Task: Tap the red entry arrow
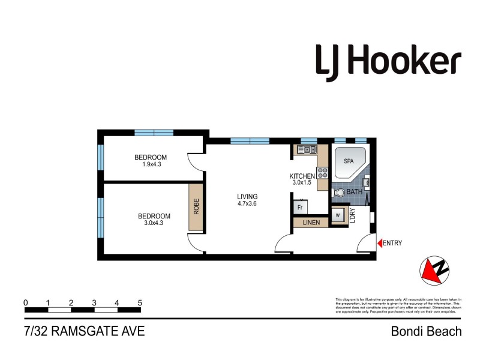(379, 243)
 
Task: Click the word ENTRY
(393, 243)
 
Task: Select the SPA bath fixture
(347, 162)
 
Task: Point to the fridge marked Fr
(301, 207)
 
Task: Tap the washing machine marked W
(338, 215)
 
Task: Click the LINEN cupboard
(311, 223)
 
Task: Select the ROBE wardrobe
(196, 207)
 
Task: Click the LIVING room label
(247, 196)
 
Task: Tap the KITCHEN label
(302, 176)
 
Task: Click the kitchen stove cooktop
(323, 173)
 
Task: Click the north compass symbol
(435, 270)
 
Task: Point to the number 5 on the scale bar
(140, 302)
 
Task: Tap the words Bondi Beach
(426, 331)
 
